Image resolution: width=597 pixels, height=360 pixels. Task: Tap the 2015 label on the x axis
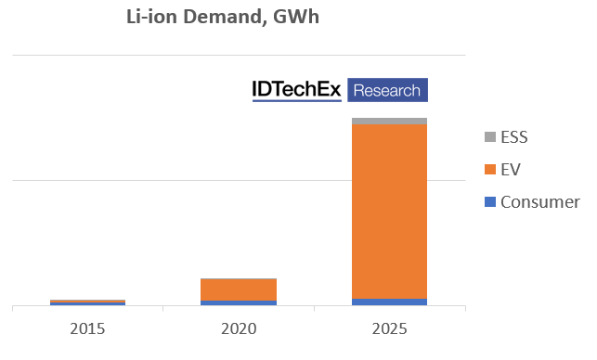87,328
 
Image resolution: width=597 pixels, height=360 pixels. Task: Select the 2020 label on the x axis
238,328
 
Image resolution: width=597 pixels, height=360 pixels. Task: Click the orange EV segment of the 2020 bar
238,289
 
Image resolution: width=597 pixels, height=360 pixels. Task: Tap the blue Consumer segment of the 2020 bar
238,302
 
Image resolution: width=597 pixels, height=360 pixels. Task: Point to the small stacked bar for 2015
87,302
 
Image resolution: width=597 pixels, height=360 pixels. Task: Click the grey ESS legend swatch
489,137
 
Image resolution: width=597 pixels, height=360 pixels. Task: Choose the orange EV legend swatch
489,170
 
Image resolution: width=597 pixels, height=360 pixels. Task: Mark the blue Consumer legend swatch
489,202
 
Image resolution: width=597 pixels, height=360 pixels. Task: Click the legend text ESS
513,137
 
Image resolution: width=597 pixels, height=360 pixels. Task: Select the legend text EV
510,170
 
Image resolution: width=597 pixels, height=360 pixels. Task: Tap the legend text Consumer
539,202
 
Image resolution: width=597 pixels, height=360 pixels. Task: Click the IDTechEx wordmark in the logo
297,90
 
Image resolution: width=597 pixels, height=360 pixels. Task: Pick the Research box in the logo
387,90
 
